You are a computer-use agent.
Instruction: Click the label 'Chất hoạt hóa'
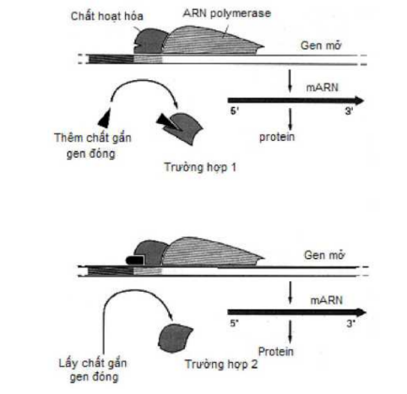click(107, 16)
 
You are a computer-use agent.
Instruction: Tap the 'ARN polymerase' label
click(227, 13)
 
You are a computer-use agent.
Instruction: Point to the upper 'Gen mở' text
click(321, 46)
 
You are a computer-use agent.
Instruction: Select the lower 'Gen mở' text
click(324, 255)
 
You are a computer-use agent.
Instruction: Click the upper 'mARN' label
click(323, 88)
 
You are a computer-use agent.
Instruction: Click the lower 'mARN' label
click(327, 300)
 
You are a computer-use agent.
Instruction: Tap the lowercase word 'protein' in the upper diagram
click(277, 137)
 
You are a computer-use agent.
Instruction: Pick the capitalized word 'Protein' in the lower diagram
click(276, 352)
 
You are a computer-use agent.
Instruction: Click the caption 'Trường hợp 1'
click(200, 167)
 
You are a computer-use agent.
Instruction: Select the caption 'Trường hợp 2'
click(221, 364)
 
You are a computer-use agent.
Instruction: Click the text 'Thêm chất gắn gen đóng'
click(93, 146)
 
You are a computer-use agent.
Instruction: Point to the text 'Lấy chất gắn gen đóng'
click(93, 370)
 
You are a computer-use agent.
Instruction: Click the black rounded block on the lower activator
click(135, 260)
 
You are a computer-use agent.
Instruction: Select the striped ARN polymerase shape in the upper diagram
click(213, 40)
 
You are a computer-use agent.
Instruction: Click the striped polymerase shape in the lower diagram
click(213, 252)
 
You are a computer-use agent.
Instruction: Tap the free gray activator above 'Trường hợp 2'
click(175, 338)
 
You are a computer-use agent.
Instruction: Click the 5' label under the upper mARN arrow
click(235, 111)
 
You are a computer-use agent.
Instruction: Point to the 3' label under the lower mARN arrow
click(350, 324)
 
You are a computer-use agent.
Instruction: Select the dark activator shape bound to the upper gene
click(149, 41)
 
